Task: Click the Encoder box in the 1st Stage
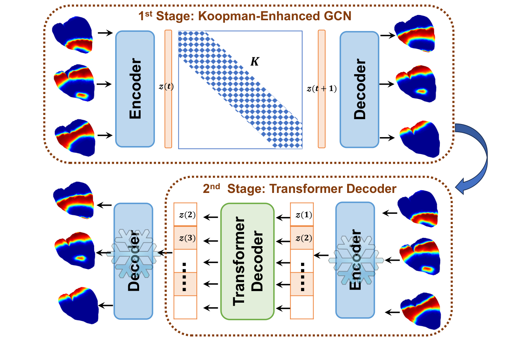pos(135,89)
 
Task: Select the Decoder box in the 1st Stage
pos(359,89)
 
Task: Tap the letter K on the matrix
pos(255,61)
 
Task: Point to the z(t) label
pos(166,87)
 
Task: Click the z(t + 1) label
pos(321,88)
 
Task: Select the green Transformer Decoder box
pos(247,261)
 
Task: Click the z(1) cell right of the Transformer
pos(302,215)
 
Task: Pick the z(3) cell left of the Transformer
pos(186,238)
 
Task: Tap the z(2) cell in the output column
pos(186,215)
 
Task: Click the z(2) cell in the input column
pos(302,238)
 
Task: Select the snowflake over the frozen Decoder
pos(134,254)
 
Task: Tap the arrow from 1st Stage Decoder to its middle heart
pos(387,84)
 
